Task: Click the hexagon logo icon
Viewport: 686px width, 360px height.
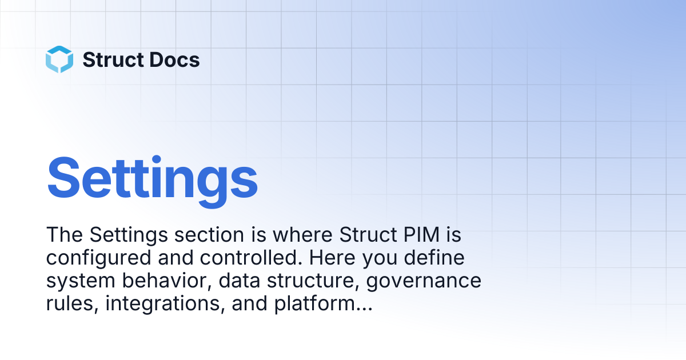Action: click(59, 59)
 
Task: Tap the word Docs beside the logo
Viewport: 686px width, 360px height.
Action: click(174, 59)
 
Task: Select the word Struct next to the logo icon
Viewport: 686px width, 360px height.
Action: click(114, 59)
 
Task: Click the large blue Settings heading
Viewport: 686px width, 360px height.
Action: click(152, 181)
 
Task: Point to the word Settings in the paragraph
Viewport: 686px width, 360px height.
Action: click(129, 235)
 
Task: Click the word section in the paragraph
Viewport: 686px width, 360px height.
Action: click(209, 235)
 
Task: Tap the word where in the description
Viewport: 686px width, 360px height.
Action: click(302, 235)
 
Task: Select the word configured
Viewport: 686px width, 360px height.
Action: click(98, 258)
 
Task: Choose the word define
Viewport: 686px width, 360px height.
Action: click(434, 258)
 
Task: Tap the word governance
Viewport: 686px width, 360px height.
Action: click(424, 281)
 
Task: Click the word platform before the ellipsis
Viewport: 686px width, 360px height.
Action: click(314, 304)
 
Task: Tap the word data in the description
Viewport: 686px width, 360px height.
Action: click(240, 281)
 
